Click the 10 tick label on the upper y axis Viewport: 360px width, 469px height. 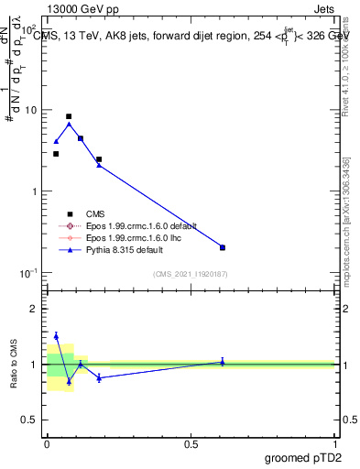click(30, 110)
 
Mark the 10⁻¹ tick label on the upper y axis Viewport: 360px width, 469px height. click(28, 273)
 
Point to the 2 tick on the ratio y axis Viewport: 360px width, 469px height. click(34, 309)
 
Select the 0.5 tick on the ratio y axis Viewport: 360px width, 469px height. click(30, 420)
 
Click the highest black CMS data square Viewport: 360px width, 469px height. click(69, 116)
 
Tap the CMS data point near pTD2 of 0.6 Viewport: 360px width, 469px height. click(223, 247)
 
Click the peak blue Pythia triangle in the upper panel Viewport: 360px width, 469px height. click(69, 124)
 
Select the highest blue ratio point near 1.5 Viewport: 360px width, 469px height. click(56, 336)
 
